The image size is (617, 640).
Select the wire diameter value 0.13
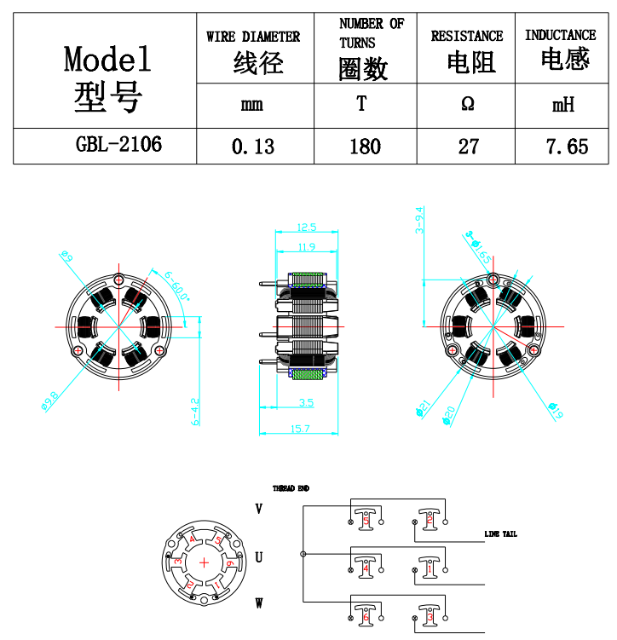[253, 147]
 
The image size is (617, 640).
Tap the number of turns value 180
[365, 147]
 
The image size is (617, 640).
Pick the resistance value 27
[468, 147]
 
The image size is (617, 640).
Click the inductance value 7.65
[567, 147]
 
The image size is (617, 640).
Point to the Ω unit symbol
[467, 105]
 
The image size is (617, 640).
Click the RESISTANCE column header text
[467, 36]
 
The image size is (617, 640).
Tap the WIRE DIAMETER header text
[253, 37]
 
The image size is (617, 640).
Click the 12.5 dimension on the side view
[307, 228]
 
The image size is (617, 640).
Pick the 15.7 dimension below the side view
[300, 428]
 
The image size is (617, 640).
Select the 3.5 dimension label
[307, 401]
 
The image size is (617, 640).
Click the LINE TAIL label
[500, 534]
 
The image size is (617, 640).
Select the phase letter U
[258, 557]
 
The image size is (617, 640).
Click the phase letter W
[258, 603]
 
